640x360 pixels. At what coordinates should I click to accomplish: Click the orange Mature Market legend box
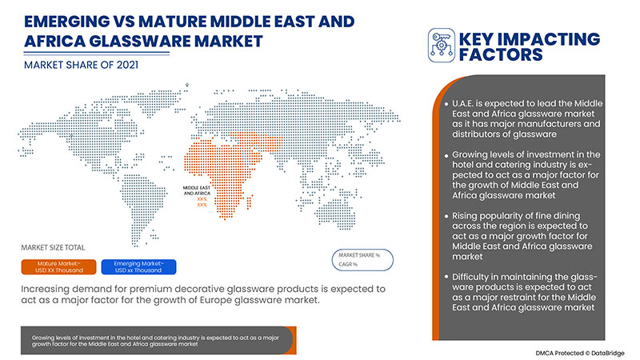pos(62,266)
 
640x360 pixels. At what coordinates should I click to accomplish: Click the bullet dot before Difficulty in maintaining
pos(443,276)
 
